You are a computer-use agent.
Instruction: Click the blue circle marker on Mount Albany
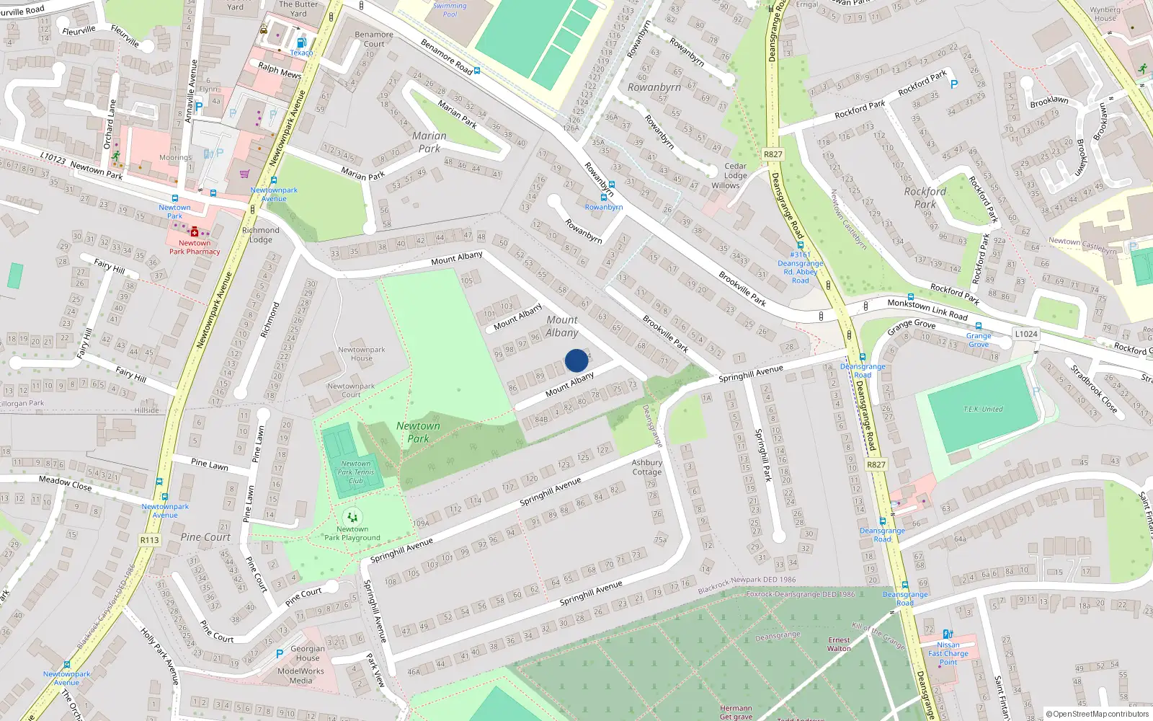click(x=576, y=360)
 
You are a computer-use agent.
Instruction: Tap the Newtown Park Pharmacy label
click(x=195, y=247)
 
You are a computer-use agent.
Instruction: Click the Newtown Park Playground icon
click(x=352, y=517)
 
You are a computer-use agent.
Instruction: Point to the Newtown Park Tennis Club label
click(x=356, y=472)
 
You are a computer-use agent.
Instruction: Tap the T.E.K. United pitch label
click(x=983, y=409)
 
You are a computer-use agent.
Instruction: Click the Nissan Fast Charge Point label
click(x=948, y=653)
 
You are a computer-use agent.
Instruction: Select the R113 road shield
click(x=150, y=540)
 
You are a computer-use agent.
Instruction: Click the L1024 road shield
click(x=1026, y=334)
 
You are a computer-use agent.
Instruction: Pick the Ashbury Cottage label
click(x=647, y=467)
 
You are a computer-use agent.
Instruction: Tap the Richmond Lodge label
click(x=261, y=235)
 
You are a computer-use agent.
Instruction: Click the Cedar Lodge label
click(x=735, y=171)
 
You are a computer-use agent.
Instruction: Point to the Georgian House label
click(x=308, y=653)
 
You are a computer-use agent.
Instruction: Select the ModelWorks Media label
click(x=301, y=676)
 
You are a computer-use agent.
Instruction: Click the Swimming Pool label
click(x=450, y=10)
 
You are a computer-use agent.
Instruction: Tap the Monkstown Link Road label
click(x=927, y=309)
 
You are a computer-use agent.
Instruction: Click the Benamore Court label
click(x=374, y=39)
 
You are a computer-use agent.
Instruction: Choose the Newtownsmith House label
click(x=362, y=353)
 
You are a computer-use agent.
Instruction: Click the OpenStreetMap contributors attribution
click(x=1098, y=714)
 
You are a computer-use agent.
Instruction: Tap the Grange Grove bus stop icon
click(x=979, y=327)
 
